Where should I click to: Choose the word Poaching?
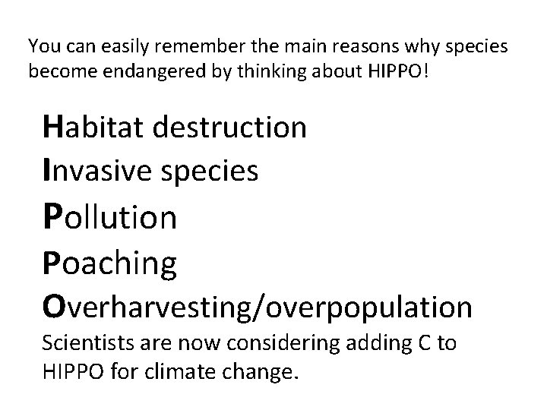point(111,264)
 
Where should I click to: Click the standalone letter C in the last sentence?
point(422,344)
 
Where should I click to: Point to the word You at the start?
point(42,47)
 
